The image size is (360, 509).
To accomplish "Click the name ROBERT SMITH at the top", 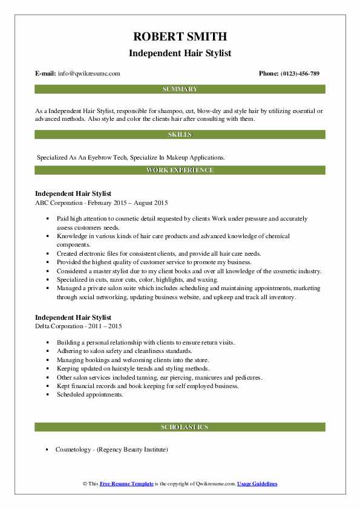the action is [x=180, y=36].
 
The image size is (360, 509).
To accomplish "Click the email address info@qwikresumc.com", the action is [x=89, y=73].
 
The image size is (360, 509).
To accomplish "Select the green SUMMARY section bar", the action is [x=180, y=89].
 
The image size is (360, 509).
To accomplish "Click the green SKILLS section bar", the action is [x=180, y=134].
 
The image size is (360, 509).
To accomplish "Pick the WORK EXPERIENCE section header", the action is [x=180, y=170].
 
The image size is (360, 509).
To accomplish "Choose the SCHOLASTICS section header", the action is [x=180, y=427].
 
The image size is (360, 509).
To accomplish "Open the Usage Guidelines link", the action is [x=257, y=484].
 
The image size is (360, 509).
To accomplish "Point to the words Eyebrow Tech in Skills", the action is [x=99, y=157].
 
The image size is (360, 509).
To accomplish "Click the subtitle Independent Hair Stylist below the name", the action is [x=180, y=53].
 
